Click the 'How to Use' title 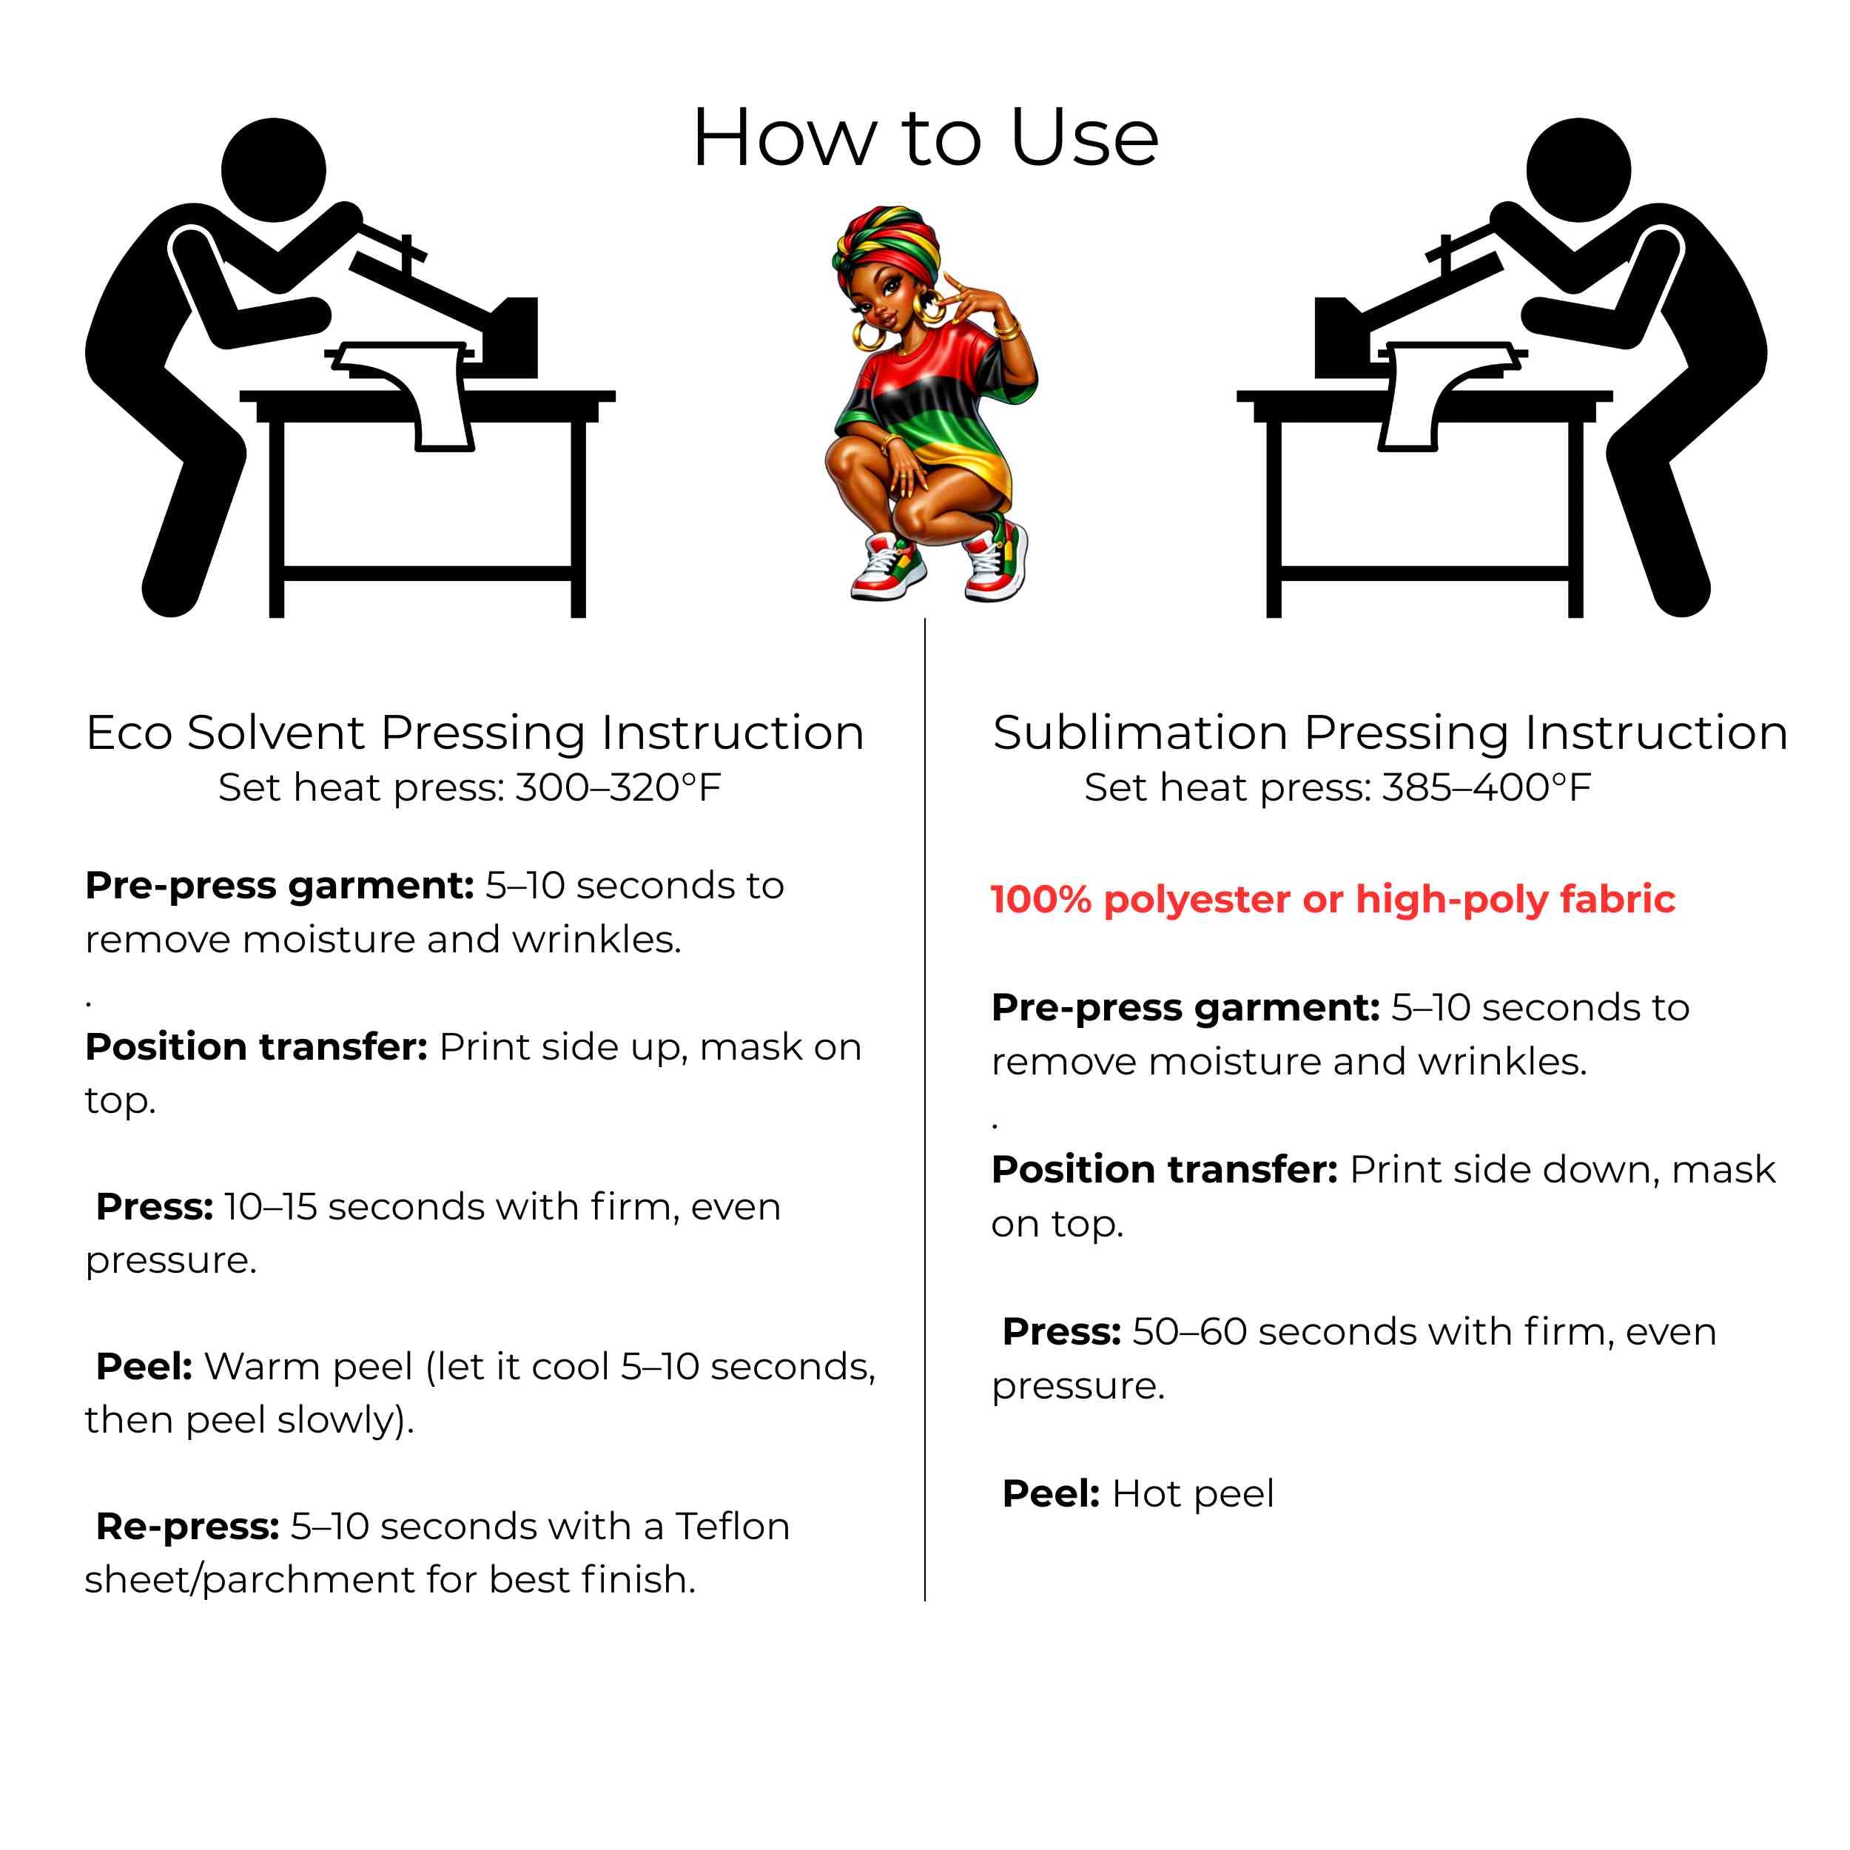tap(925, 138)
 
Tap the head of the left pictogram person tap(274, 170)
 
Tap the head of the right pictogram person tap(1578, 170)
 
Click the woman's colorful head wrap tap(886, 245)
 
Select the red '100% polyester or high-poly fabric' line tap(1333, 900)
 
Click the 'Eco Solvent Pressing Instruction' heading tap(475, 733)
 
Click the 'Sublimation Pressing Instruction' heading tap(1390, 733)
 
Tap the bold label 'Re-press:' tap(188, 1527)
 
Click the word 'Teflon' tap(733, 1527)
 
